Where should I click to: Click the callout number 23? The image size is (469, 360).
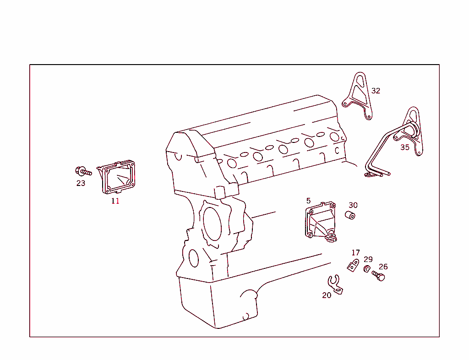(81, 183)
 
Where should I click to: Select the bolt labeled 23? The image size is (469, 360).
(83, 172)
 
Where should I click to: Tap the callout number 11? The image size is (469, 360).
(115, 201)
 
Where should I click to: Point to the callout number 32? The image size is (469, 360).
(376, 91)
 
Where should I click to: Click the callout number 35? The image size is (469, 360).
(405, 147)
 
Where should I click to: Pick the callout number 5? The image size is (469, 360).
(308, 201)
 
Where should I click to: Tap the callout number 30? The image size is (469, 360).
(353, 205)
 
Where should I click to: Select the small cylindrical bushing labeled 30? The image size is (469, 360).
(351, 216)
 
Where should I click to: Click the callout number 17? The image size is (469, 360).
(356, 253)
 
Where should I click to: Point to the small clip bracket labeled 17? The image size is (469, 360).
(353, 265)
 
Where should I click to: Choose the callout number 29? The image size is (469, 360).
(368, 259)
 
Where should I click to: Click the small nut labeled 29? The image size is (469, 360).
(367, 269)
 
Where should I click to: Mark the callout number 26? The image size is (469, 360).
(383, 267)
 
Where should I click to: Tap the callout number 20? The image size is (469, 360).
(327, 295)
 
